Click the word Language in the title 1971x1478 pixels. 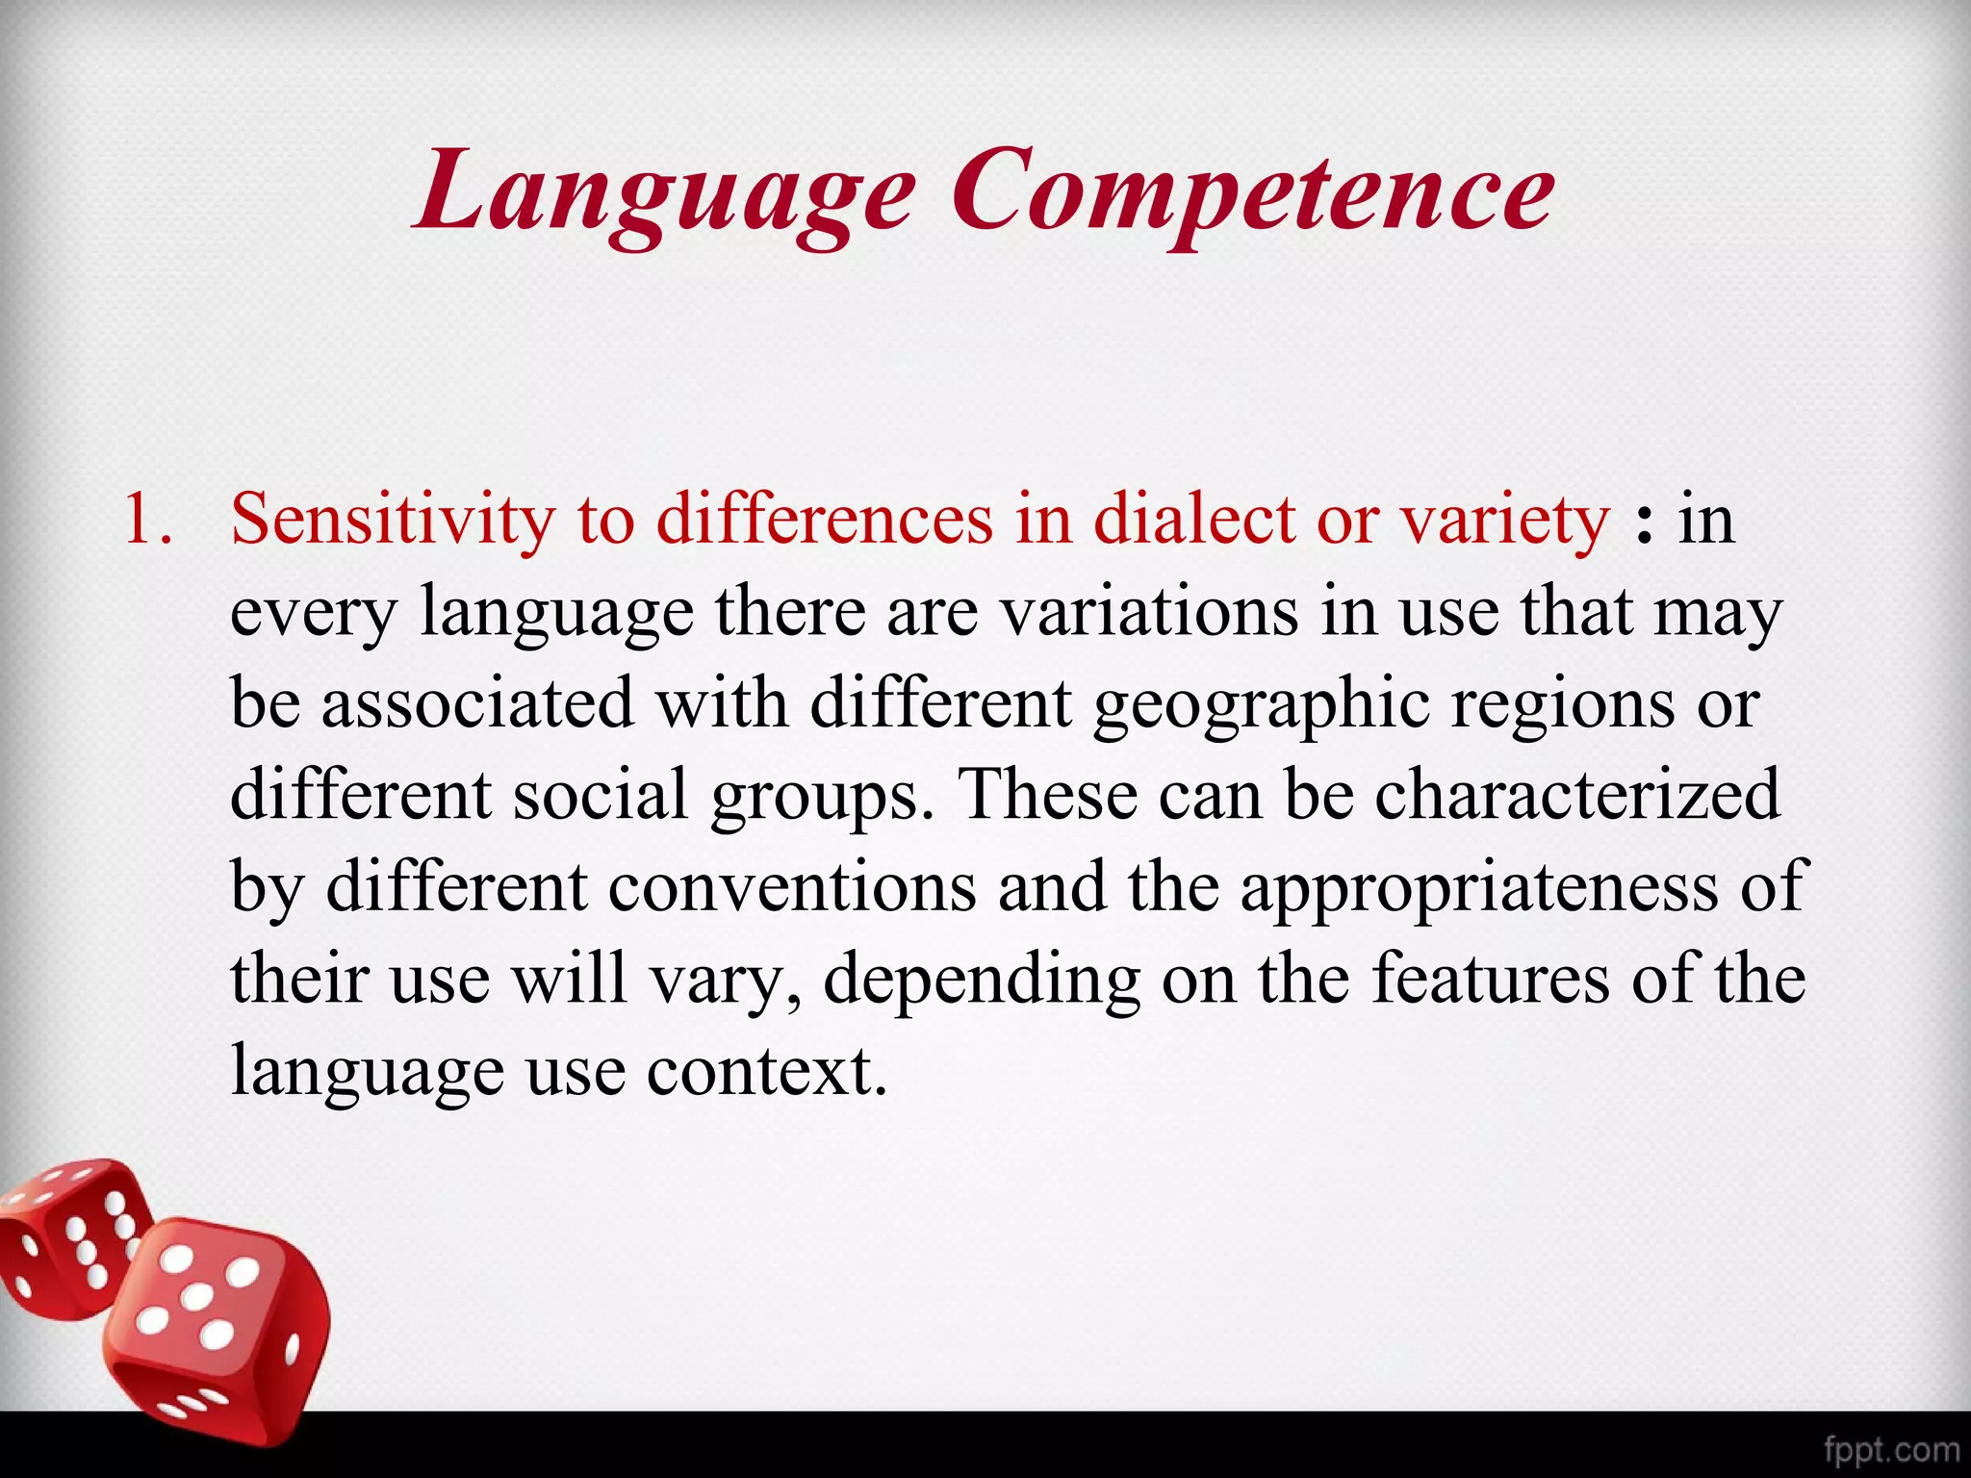pyautogui.click(x=664, y=192)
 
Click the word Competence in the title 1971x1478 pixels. pyautogui.click(x=1253, y=192)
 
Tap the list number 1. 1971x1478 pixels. pyautogui.click(x=149, y=521)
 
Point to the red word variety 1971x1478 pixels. pyautogui.click(x=1504, y=521)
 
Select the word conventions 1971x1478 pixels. pyautogui.click(x=792, y=887)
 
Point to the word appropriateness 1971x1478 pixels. pyautogui.click(x=1478, y=887)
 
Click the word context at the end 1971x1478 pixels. pyautogui.click(x=765, y=1070)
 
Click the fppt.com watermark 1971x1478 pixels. pyautogui.click(x=1891, y=1449)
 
